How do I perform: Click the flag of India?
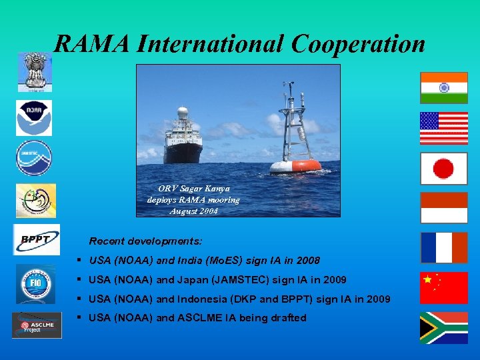443,87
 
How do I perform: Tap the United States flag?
443,128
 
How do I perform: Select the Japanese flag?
443,168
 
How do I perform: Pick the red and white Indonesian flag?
443,207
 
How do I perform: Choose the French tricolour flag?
443,247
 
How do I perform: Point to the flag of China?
443,287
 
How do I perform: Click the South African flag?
443,327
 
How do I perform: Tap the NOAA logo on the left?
34,117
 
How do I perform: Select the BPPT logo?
37,239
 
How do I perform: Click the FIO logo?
33,282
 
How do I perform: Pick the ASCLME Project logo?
37,325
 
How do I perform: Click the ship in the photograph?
183,137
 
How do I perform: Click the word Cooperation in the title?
357,43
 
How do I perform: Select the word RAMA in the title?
91,43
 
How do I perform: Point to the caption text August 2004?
193,211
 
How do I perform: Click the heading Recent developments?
146,241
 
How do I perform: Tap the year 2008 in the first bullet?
307,261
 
